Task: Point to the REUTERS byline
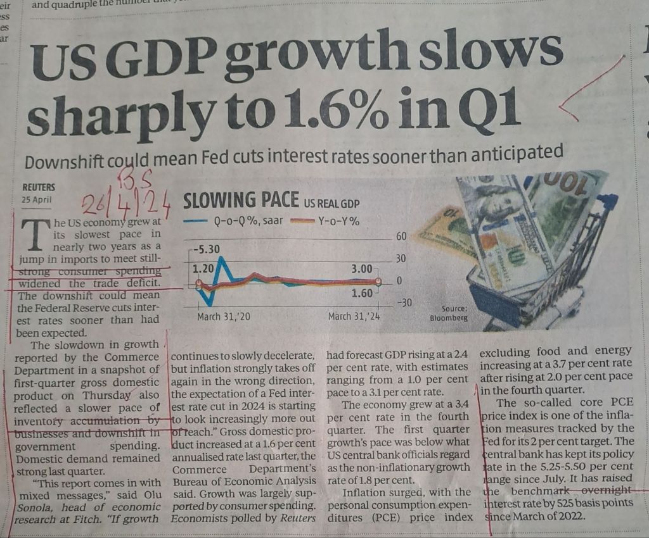39,187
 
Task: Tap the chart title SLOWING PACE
240,201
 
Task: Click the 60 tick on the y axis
400,236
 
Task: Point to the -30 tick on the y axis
403,303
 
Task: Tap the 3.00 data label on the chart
363,270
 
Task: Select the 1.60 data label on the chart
363,294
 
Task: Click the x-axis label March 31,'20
223,316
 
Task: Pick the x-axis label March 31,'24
354,316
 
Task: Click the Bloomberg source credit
449,318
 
